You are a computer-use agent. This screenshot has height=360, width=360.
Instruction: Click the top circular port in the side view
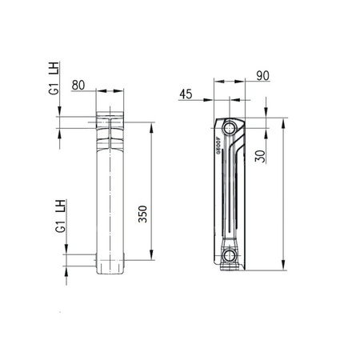click(x=230, y=128)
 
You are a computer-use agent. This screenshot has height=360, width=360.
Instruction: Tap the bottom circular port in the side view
click(x=230, y=256)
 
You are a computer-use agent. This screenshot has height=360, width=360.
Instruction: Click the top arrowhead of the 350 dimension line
click(x=150, y=126)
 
